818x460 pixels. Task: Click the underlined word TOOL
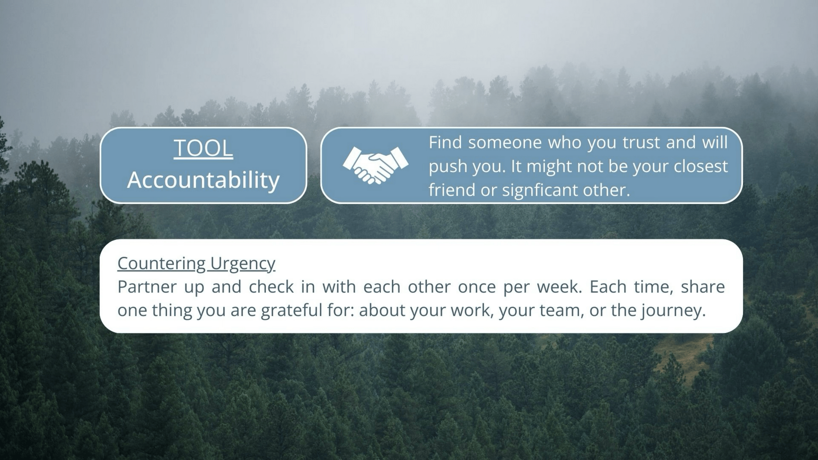point(203,149)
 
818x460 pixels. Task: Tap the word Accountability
point(203,180)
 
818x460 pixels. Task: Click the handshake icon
point(376,165)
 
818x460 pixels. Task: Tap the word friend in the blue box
point(452,190)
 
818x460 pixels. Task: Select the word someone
point(505,142)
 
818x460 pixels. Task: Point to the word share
point(703,287)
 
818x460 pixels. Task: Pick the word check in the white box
point(271,287)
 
